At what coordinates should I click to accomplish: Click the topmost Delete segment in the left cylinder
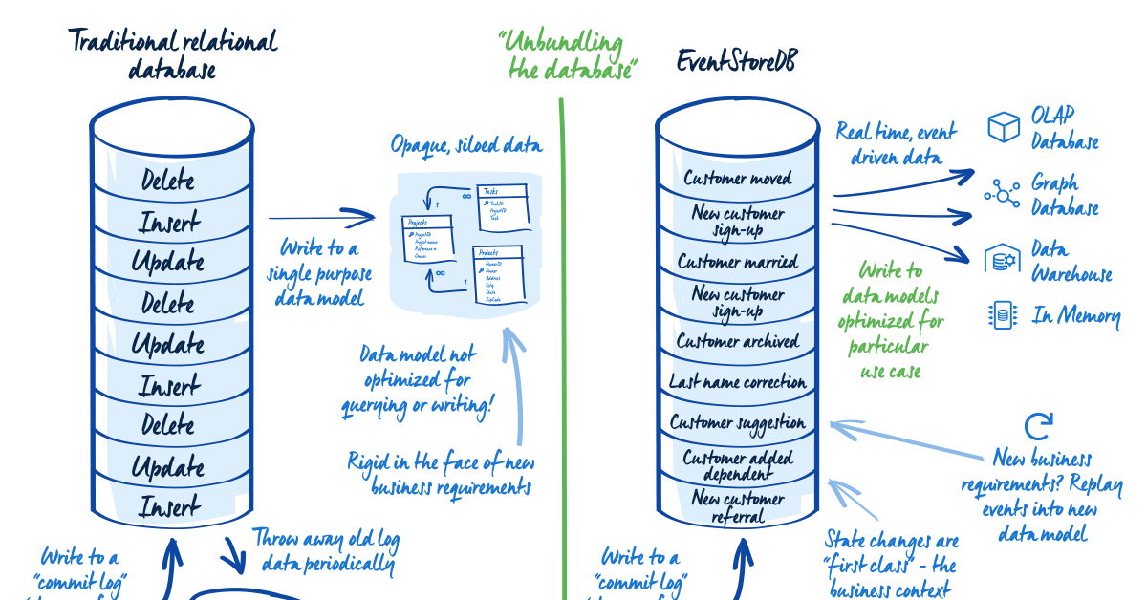click(x=168, y=180)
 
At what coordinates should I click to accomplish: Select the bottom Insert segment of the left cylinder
click(x=168, y=506)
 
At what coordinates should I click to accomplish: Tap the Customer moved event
click(x=737, y=179)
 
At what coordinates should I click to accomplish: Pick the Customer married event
click(x=737, y=261)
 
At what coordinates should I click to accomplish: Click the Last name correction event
click(x=737, y=382)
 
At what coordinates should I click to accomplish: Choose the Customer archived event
click(x=737, y=341)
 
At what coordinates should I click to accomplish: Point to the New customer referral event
click(x=737, y=507)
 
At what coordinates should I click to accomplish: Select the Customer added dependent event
click(x=737, y=465)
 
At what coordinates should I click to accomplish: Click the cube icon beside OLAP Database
click(x=1004, y=127)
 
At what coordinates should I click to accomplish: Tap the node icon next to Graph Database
click(x=1003, y=194)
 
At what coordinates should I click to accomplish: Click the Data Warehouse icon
click(x=1003, y=259)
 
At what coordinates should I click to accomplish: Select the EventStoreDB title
click(x=736, y=62)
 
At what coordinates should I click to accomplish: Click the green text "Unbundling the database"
click(x=563, y=55)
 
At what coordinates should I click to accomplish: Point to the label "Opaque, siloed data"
click(x=466, y=146)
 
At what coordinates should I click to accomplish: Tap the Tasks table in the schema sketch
click(x=503, y=204)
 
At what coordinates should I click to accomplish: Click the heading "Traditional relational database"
click(x=172, y=54)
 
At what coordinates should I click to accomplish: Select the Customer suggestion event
click(x=737, y=423)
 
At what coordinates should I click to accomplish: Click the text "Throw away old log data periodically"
click(x=325, y=551)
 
